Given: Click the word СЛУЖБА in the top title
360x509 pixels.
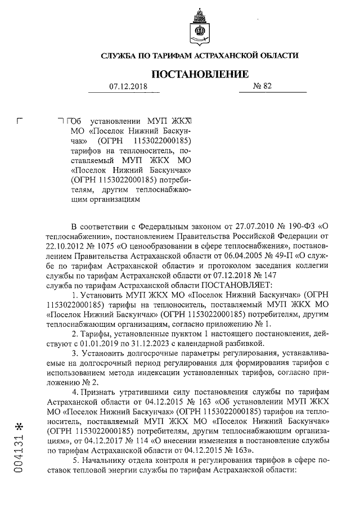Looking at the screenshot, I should tap(121, 56).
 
